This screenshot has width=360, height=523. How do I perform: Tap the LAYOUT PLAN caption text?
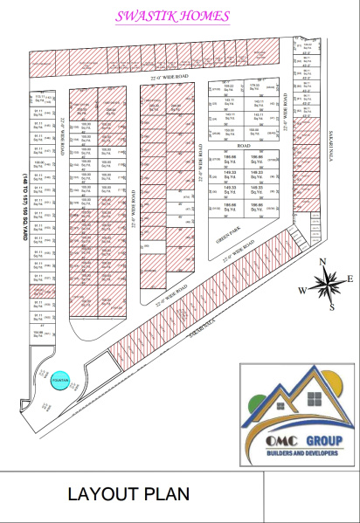coord(128,494)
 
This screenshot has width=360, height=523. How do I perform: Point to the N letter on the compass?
coord(323,262)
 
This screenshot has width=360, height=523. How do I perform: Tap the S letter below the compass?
coord(332,306)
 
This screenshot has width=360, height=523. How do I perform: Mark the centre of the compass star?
coord(327,284)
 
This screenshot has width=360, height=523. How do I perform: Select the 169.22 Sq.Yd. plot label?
coord(228,87)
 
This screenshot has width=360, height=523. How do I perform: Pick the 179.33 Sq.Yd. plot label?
coord(255,87)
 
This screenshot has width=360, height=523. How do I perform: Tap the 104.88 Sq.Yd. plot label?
coord(38,334)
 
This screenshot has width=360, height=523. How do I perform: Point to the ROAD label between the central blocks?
coord(244,145)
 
